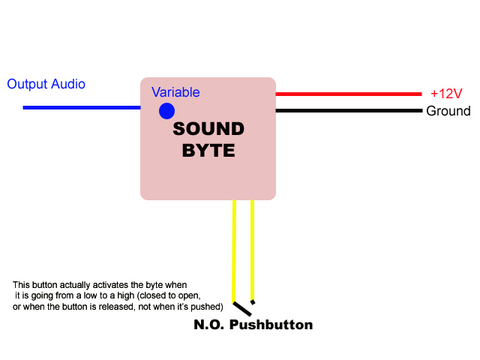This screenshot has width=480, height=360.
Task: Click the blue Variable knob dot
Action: (x=166, y=111)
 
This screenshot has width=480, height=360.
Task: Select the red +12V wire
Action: (x=349, y=94)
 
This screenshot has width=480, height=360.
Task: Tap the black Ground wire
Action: (x=349, y=110)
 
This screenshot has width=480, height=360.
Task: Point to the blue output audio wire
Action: (x=82, y=107)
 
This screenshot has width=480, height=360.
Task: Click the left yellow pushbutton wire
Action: (x=234, y=251)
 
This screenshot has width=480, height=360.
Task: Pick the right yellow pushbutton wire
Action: (x=252, y=250)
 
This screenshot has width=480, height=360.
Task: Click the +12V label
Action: (x=446, y=93)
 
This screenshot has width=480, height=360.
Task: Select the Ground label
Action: (x=448, y=111)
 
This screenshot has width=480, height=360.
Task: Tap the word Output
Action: (x=27, y=84)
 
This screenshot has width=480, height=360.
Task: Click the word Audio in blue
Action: (x=68, y=84)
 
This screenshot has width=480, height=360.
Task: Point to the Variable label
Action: (x=175, y=92)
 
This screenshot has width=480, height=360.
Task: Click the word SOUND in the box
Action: (x=208, y=128)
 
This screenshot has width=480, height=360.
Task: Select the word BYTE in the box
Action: (x=208, y=150)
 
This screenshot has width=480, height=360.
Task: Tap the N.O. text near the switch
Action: (x=208, y=325)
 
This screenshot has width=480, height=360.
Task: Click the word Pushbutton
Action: (x=271, y=325)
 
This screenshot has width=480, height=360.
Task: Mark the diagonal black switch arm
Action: (x=242, y=308)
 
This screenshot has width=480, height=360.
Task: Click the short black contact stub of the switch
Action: (x=253, y=302)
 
